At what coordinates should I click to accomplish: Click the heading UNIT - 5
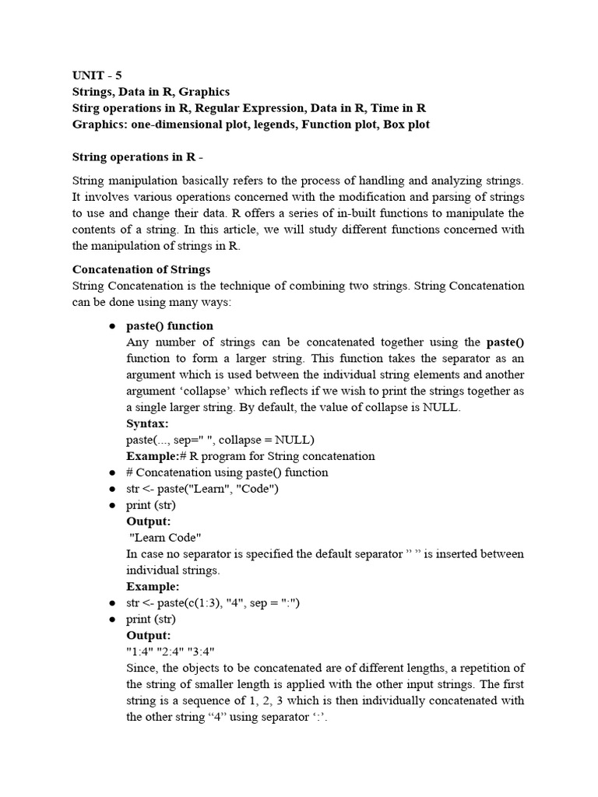point(97,75)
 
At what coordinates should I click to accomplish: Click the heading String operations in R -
point(137,156)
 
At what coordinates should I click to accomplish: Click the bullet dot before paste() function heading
point(113,326)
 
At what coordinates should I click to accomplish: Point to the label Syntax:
point(147,423)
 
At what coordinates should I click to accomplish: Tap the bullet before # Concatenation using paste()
point(113,472)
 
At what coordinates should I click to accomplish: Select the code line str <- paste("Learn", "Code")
point(202,489)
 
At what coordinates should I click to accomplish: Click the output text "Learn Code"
point(164,537)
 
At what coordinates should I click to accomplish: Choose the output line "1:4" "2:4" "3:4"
point(170,651)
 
